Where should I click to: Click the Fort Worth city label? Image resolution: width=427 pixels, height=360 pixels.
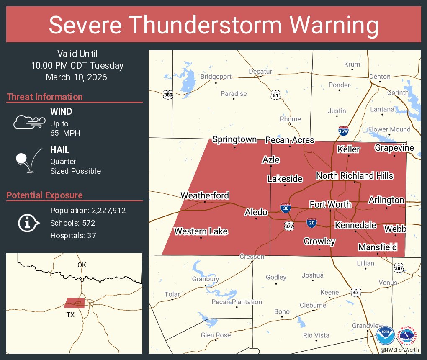tap(330, 204)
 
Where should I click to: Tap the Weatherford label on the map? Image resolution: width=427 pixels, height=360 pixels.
tap(205, 195)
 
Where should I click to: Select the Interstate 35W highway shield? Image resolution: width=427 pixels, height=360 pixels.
tap(343, 131)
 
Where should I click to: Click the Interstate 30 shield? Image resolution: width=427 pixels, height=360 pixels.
tap(285, 208)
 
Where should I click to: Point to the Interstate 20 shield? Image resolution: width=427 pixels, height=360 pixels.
tap(311, 222)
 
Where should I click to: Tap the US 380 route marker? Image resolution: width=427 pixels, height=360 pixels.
tap(168, 95)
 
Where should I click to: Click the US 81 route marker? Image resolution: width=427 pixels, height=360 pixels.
tap(275, 95)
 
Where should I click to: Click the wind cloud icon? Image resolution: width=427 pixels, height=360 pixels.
tap(28, 122)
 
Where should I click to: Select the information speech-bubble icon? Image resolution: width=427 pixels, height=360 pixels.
tap(28, 223)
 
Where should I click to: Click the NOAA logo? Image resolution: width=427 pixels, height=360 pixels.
tap(385, 335)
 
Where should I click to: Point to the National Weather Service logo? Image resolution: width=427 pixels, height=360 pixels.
tap(409, 335)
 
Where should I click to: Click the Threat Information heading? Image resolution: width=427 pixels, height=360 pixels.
tap(45, 97)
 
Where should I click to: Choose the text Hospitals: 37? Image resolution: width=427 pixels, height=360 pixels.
tap(73, 235)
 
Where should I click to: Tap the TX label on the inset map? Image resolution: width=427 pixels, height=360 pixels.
tap(70, 314)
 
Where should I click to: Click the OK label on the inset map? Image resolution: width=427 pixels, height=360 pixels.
tap(82, 265)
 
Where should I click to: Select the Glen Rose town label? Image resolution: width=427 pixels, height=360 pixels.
tap(216, 335)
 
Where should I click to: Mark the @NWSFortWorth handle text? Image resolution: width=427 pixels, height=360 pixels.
tap(400, 350)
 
